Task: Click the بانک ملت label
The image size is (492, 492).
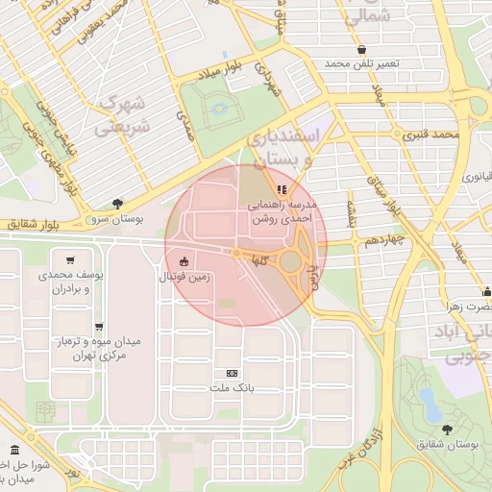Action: pos(231,388)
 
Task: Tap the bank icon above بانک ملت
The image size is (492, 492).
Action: pos(231,373)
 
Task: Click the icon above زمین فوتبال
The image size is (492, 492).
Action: pos(184,260)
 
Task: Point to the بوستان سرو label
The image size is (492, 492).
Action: pos(117,219)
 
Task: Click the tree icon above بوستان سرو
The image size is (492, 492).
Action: pos(117,203)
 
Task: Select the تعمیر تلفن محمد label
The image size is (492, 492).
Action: pos(360,63)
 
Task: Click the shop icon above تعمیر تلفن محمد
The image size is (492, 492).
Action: pos(360,48)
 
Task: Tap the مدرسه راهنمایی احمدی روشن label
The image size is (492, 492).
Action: pos(282,212)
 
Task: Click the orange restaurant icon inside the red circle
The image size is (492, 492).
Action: pos(282,189)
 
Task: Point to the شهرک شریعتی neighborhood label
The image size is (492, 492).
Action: pos(127,112)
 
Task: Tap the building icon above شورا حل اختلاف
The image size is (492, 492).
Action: pos(13,451)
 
